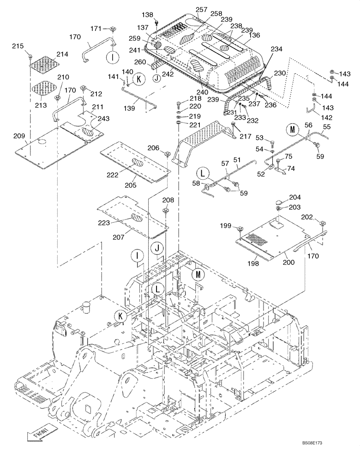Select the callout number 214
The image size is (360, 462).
(x=62, y=54)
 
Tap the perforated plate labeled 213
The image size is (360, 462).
(x=45, y=86)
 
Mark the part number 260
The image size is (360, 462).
(x=140, y=63)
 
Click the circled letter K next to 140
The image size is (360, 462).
(x=137, y=79)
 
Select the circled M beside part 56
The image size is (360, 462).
(x=292, y=130)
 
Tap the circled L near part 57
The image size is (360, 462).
(x=202, y=174)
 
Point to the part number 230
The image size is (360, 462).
(x=280, y=73)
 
